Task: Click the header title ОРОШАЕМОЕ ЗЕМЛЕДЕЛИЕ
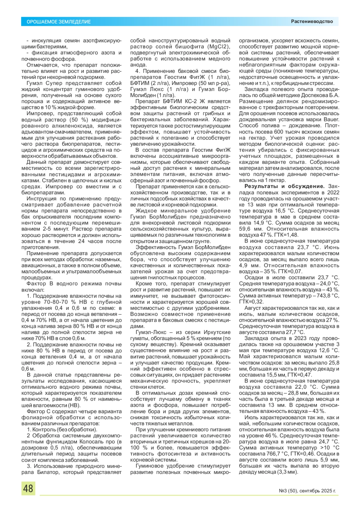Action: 59,22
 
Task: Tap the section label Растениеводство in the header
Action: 312,22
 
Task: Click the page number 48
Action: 28,488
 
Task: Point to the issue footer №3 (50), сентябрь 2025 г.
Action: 307,491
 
